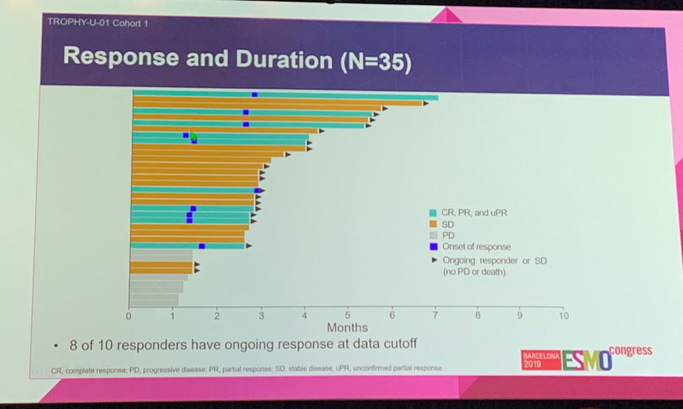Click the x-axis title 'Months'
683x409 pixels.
[346, 328]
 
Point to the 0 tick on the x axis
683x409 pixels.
[129, 316]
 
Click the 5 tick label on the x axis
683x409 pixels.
[347, 316]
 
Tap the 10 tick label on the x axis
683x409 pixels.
[562, 316]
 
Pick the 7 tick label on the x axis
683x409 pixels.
[435, 316]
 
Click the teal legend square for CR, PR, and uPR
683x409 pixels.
[433, 213]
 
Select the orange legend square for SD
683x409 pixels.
[433, 224]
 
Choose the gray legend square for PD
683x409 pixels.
[433, 235]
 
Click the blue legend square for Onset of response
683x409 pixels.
[433, 246]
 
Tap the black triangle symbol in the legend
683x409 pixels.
[433, 259]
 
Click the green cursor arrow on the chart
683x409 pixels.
[194, 137]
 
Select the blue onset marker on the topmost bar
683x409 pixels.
[255, 94]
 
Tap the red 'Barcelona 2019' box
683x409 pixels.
[541, 360]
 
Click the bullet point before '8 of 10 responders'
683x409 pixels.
[55, 345]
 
